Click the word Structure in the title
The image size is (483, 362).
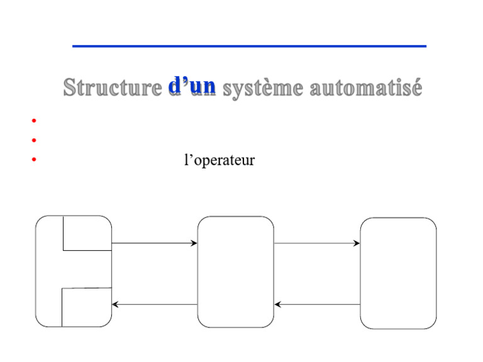pyautogui.click(x=113, y=87)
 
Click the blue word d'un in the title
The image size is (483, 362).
pyautogui.click(x=192, y=85)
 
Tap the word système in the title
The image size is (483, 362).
pyautogui.click(x=263, y=89)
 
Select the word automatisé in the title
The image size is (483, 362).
pyautogui.click(x=366, y=87)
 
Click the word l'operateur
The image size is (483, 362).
pyautogui.click(x=219, y=160)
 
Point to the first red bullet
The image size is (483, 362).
pyautogui.click(x=34, y=121)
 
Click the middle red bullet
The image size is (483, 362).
pyautogui.click(x=34, y=140)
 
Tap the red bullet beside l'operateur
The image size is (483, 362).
pyautogui.click(x=34, y=160)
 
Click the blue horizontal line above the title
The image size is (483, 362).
pyautogui.click(x=249, y=46)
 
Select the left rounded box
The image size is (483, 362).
pyautogui.click(x=36, y=271)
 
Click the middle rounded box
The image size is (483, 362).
pyautogui.click(x=197, y=271)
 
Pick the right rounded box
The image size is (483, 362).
pyautogui.click(x=360, y=273)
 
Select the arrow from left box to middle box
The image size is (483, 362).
pyautogui.click(x=154, y=243)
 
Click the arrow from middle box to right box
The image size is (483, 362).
pyautogui.click(x=317, y=243)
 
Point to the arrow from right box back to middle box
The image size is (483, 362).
pyautogui.click(x=317, y=304)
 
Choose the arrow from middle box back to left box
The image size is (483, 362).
pyautogui.click(x=154, y=304)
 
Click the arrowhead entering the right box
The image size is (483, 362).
pyautogui.click(x=357, y=243)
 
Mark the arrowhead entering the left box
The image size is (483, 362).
pyautogui.click(x=115, y=304)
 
